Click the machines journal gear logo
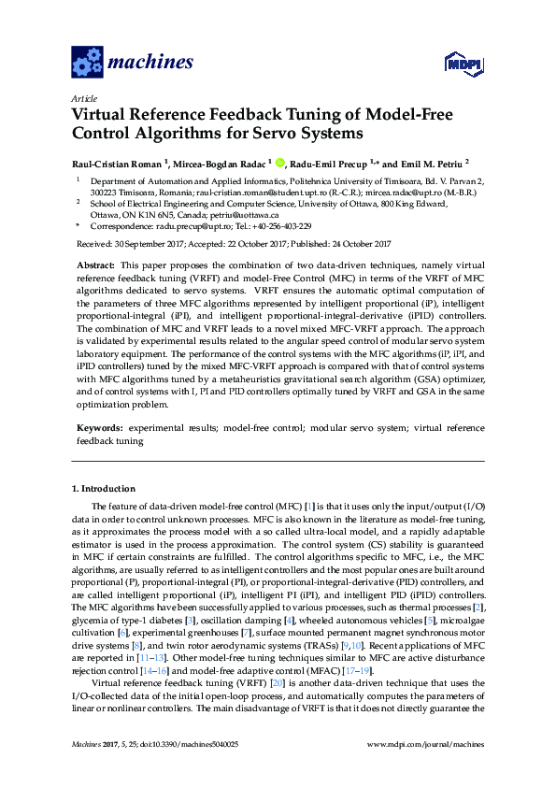[87, 63]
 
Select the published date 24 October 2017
[355, 244]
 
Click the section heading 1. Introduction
[104, 489]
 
